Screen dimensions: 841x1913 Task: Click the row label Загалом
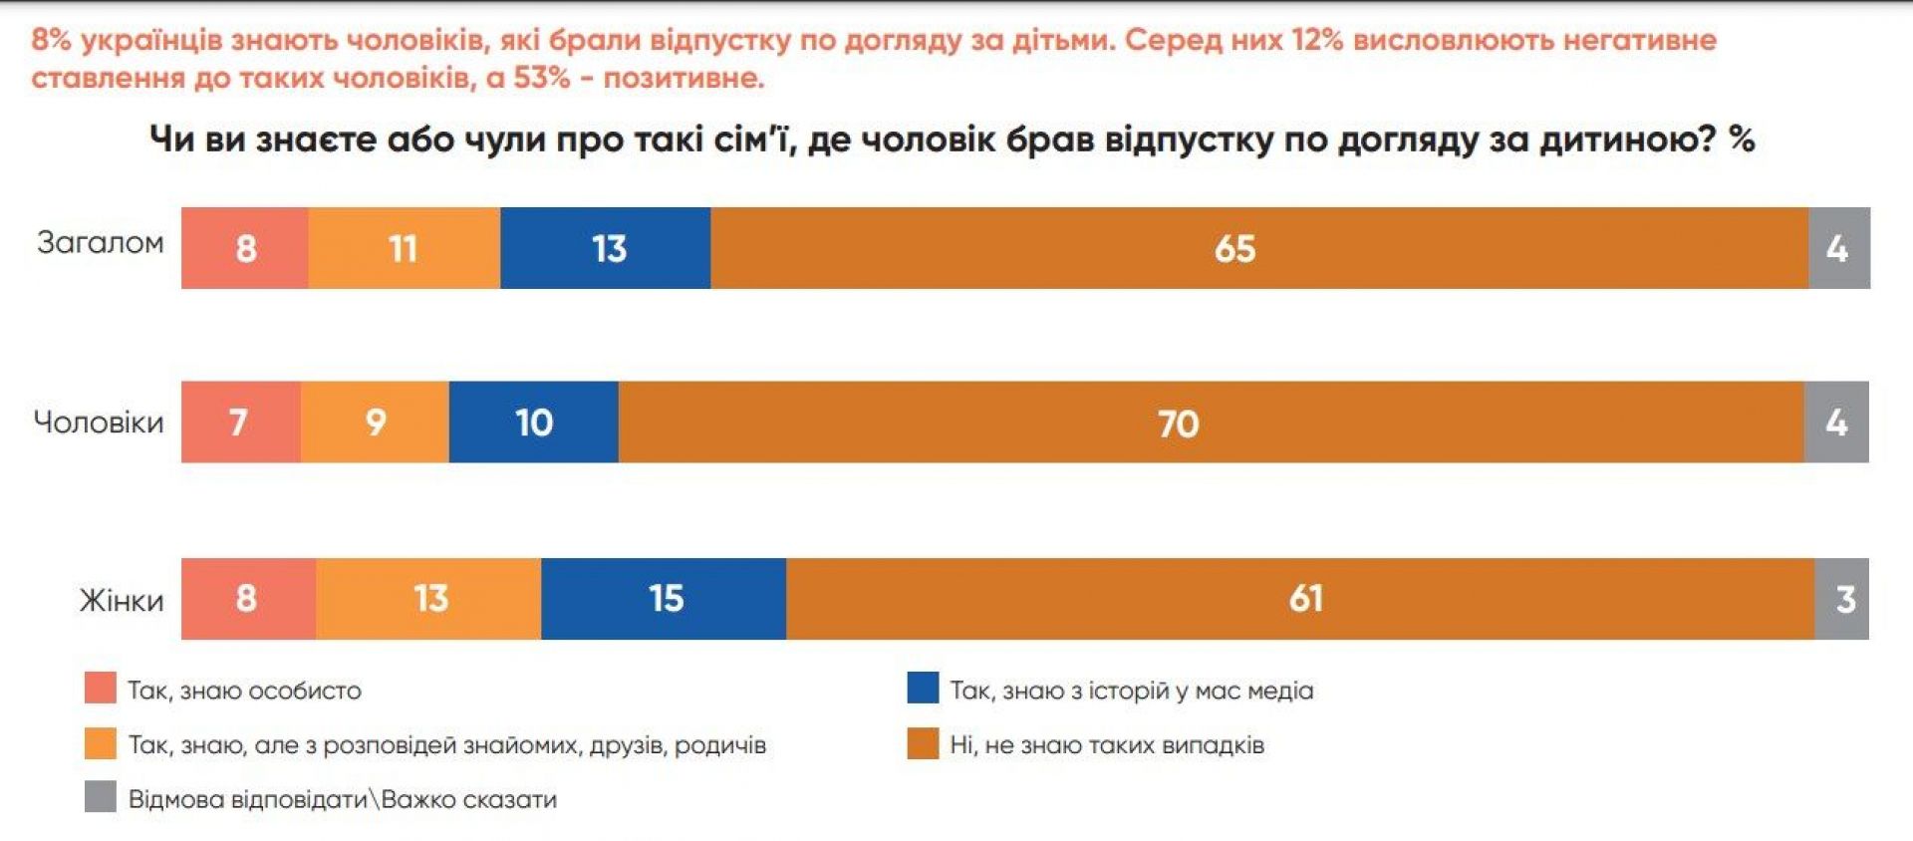pos(100,242)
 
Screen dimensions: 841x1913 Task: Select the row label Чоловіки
pos(98,422)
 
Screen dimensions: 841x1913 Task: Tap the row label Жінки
pos(121,600)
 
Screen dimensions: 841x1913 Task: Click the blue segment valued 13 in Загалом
pos(606,248)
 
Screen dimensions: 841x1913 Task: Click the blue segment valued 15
pos(664,599)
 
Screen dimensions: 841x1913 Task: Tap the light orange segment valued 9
pos(375,422)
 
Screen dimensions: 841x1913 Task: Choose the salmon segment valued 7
pos(240,422)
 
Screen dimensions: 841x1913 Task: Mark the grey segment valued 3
pos(1842,599)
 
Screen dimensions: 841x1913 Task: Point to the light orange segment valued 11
pos(404,248)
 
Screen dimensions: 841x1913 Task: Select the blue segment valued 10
pos(533,422)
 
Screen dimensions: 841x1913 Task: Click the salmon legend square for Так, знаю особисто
pos(101,689)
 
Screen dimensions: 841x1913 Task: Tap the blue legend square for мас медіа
pos(923,689)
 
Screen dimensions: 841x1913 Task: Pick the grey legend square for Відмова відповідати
pos(101,797)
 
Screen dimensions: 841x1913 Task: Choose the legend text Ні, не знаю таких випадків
pos(1106,744)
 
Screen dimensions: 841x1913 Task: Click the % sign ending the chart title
pos(1741,139)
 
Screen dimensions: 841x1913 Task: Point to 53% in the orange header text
pos(541,78)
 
